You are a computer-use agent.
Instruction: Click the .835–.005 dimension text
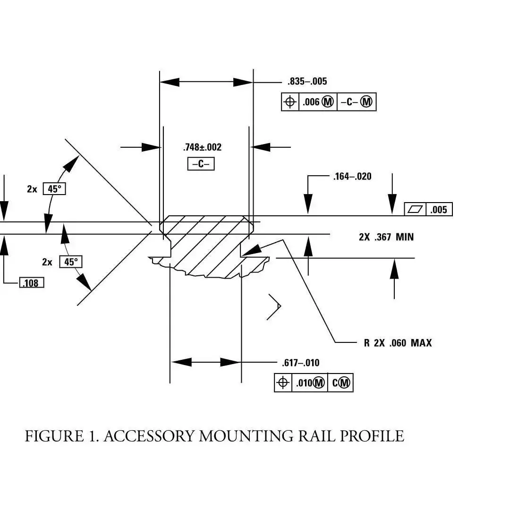(307, 81)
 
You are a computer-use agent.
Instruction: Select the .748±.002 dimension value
(202, 147)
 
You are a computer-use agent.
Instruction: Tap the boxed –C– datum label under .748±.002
(201, 164)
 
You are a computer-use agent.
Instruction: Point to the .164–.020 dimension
(352, 177)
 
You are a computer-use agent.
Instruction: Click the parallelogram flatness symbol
(415, 210)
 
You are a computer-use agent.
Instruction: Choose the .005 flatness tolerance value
(439, 210)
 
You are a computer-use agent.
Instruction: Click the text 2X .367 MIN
(386, 237)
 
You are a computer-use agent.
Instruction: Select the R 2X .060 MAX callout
(398, 343)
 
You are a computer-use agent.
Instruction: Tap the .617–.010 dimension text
(300, 363)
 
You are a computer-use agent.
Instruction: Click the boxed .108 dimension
(31, 283)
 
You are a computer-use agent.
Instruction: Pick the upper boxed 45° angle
(54, 189)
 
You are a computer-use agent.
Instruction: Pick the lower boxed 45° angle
(70, 262)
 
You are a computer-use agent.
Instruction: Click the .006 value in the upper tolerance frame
(311, 102)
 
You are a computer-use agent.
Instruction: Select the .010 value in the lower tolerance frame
(304, 383)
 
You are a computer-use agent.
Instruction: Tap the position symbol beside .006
(290, 102)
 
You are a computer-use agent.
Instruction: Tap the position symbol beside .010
(282, 383)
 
